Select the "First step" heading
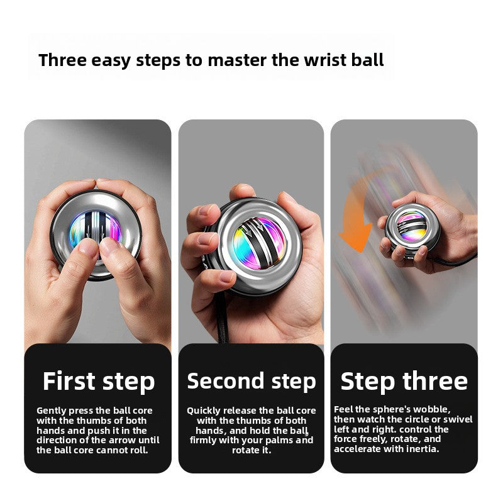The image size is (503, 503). pos(98,382)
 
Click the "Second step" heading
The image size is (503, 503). pos(251,381)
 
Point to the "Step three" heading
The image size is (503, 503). pos(404,381)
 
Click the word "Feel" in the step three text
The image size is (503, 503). pos(344,409)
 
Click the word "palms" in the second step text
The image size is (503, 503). pos(280,440)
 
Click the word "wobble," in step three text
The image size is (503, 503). pos(432,409)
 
